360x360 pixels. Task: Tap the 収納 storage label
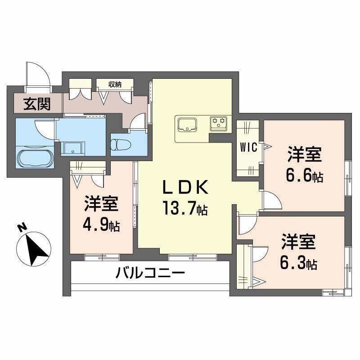[x=115, y=84]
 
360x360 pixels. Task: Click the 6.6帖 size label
[x=305, y=175]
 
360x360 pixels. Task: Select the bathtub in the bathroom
[x=35, y=158]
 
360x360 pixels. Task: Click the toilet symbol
[x=122, y=145]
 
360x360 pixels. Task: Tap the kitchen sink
[x=188, y=124]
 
